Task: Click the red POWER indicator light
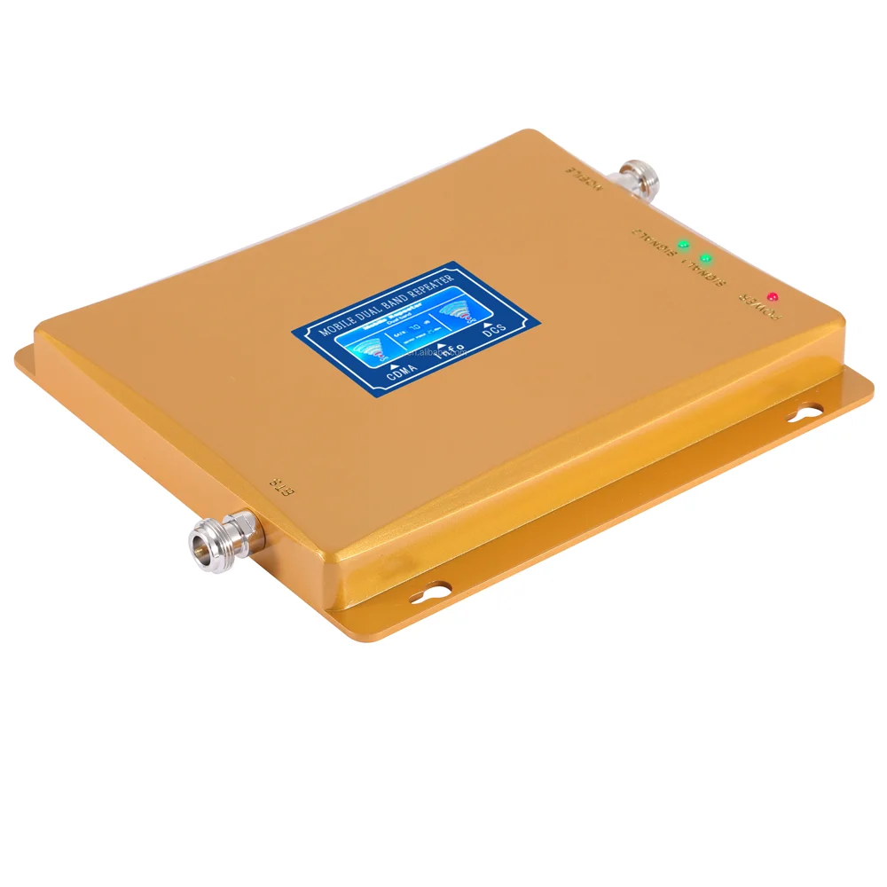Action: (x=773, y=295)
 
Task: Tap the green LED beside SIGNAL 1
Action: (x=705, y=259)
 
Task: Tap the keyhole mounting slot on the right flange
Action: (x=806, y=414)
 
